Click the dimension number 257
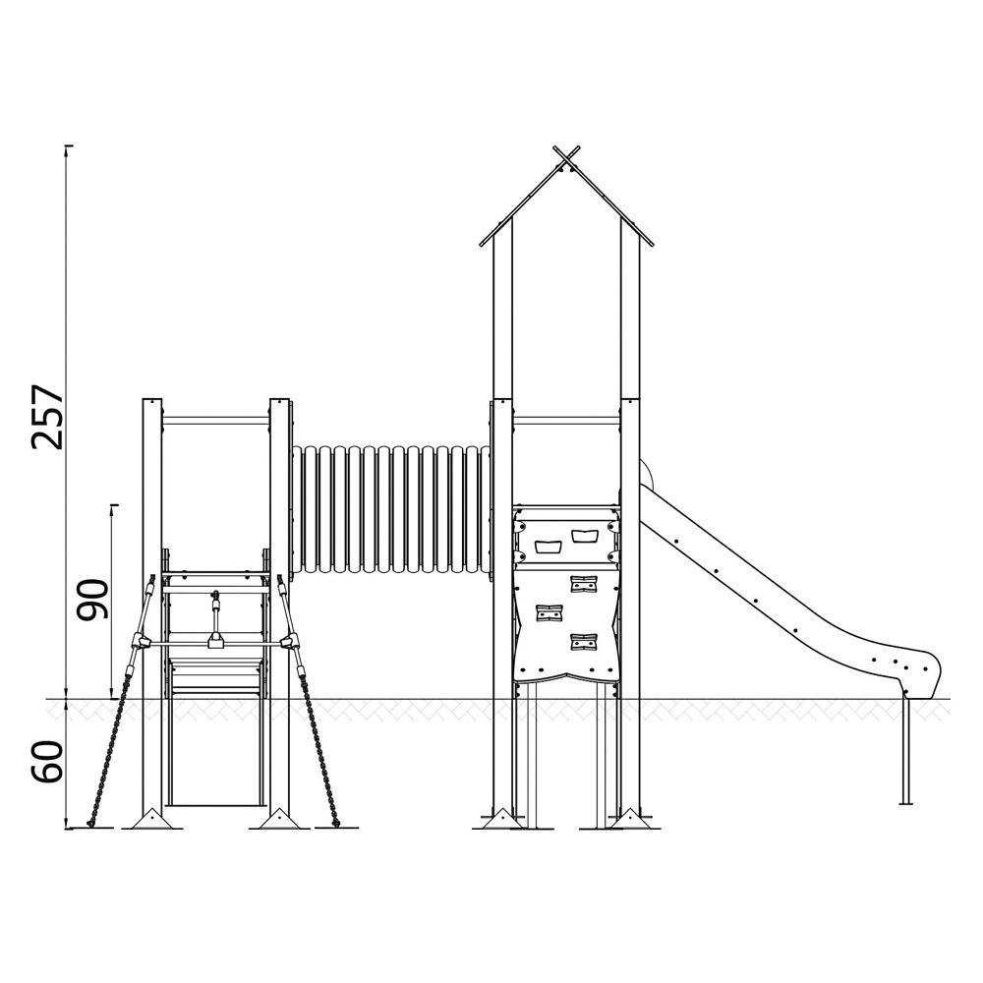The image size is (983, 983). [47, 417]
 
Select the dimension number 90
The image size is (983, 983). [92, 600]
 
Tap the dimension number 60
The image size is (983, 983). [47, 761]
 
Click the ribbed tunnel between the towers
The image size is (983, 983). [390, 509]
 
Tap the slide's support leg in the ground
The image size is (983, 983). [905, 751]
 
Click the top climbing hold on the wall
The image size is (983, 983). [584, 583]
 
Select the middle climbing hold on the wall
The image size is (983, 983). [549, 612]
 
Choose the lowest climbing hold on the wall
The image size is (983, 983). [584, 642]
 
